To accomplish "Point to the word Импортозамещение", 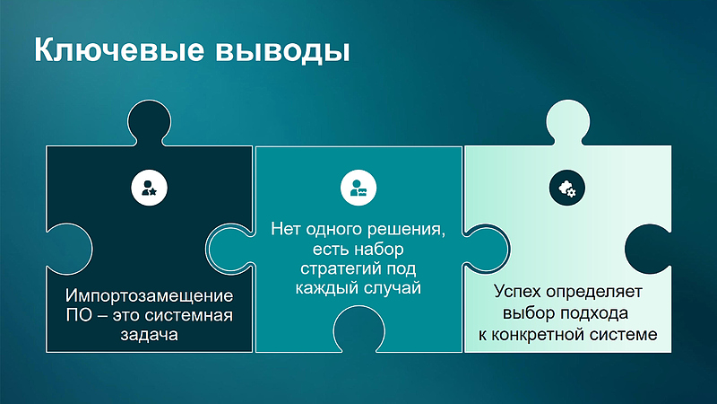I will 149,295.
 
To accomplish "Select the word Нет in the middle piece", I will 285,230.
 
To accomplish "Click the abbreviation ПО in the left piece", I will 78,315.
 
